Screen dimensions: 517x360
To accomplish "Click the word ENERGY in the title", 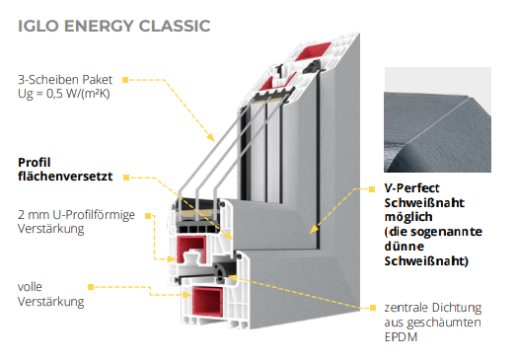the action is tap(99, 26).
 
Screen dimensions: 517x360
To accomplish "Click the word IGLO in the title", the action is tap(38, 26).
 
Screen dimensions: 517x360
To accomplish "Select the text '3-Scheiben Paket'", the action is tap(65, 80).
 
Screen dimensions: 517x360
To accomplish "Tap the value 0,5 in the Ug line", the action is tap(54, 94).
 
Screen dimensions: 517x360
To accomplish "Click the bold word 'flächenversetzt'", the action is tap(65, 176).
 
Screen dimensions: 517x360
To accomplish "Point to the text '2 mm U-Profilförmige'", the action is tap(76, 215).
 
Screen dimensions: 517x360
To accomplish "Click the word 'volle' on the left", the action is tap(30, 287).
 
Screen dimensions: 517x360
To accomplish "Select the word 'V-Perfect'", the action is tap(411, 188).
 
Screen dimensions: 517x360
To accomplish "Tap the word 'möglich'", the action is tap(408, 217).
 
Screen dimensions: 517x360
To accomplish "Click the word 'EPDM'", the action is tap(401, 337).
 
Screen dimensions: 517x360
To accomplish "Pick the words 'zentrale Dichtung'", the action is tap(433, 308).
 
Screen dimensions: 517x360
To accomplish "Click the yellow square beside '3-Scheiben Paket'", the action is tap(125, 80).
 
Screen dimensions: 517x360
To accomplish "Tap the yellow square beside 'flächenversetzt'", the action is tap(126, 178).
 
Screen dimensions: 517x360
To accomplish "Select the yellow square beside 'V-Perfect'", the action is tap(372, 189).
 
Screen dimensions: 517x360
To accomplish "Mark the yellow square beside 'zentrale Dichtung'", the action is tap(373, 308).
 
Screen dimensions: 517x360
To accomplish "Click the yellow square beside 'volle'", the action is tap(91, 287).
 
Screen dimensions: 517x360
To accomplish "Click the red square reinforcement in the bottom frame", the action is tap(207, 302).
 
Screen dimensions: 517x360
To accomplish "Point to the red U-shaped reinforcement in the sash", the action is tap(191, 249).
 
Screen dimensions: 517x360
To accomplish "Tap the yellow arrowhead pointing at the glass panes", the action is tap(211, 137).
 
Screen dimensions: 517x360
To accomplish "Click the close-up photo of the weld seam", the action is tap(437, 120).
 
